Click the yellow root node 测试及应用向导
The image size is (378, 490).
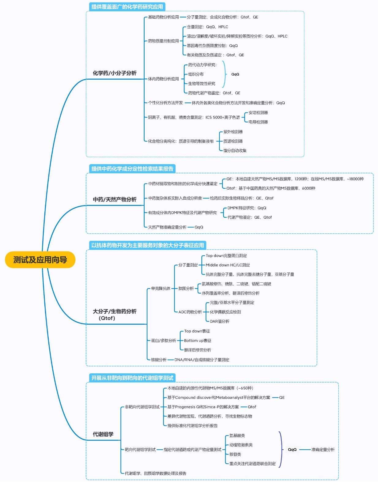(40, 260)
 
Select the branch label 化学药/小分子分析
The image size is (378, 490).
(115, 73)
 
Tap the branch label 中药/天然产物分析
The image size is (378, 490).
(115, 199)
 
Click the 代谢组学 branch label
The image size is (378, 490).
(103, 434)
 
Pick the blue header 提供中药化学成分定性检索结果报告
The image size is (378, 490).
(132, 169)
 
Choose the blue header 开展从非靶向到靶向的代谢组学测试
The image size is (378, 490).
(132, 378)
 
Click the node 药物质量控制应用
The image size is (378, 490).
(163, 41)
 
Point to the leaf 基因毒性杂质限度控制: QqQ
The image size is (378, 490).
(212, 46)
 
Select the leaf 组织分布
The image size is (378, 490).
(196, 74)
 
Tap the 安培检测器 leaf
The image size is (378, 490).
(258, 113)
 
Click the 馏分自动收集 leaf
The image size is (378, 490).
(235, 151)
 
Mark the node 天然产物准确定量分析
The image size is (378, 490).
(167, 227)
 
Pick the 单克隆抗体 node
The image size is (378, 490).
(161, 288)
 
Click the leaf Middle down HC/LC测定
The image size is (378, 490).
(228, 265)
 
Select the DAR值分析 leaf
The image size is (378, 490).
(219, 322)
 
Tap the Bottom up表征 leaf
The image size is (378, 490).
(198, 341)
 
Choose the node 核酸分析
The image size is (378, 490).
(159, 360)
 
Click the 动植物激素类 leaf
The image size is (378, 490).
(241, 445)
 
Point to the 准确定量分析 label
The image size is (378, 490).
(323, 450)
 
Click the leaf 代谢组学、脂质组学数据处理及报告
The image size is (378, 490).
(155, 473)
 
